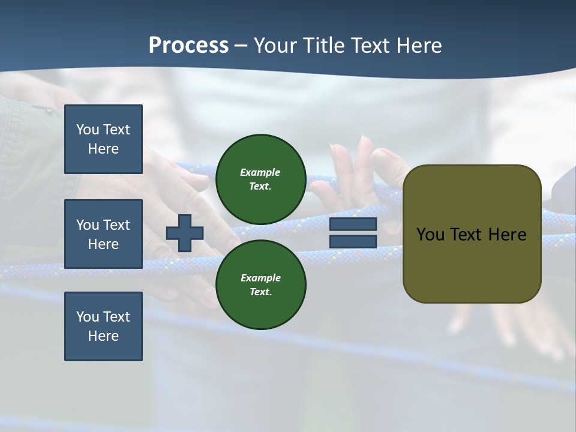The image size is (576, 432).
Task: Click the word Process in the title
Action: click(x=188, y=46)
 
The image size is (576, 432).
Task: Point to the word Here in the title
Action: click(x=419, y=46)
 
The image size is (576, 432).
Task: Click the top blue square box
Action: click(x=103, y=139)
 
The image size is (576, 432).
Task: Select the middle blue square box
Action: click(x=103, y=234)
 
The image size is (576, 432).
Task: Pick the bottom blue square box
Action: click(x=103, y=326)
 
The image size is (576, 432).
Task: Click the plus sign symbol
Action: click(x=184, y=233)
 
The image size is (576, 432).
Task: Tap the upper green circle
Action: click(x=260, y=179)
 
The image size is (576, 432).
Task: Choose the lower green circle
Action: click(x=260, y=284)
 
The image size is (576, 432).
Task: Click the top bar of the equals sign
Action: click(x=353, y=224)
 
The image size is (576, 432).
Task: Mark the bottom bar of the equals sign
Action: click(x=353, y=241)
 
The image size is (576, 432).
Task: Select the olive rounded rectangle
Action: click(x=472, y=234)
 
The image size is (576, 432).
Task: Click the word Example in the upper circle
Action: click(x=260, y=172)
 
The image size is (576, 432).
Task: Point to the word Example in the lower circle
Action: click(x=260, y=278)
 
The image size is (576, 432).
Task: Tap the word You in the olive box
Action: click(x=430, y=235)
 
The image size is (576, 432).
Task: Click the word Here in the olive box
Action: click(x=507, y=235)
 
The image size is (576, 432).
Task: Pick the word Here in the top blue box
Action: click(x=103, y=149)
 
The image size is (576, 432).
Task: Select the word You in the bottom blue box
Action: click(x=88, y=317)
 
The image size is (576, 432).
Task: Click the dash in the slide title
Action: click(x=241, y=46)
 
